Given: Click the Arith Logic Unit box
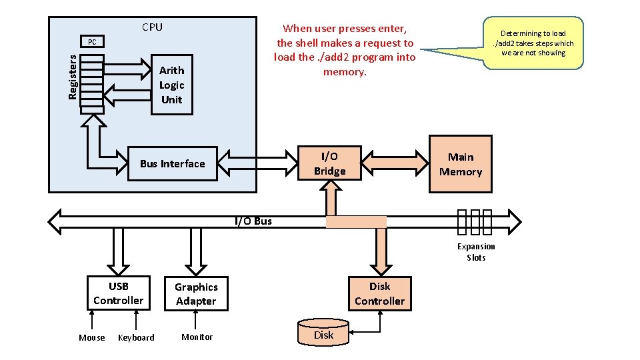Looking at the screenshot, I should pyautogui.click(x=172, y=85).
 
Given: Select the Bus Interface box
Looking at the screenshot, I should pyautogui.click(x=173, y=164).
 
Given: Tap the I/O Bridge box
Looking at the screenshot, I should pyautogui.click(x=329, y=164).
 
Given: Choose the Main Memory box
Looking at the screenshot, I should pyautogui.click(x=460, y=164).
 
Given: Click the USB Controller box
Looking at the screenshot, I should pyautogui.click(x=118, y=293).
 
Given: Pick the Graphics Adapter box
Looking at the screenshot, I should pyautogui.click(x=196, y=294).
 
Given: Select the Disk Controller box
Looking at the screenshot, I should pyautogui.click(x=379, y=293).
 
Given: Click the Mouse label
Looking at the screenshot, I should pyautogui.click(x=92, y=337).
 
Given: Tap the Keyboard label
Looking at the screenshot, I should pyautogui.click(x=136, y=338).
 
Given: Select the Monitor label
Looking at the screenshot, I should pyautogui.click(x=197, y=337).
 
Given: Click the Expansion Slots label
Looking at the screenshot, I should pyautogui.click(x=476, y=252).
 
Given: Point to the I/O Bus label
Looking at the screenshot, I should pyautogui.click(x=253, y=221).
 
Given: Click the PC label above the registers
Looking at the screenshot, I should pyautogui.click(x=92, y=43).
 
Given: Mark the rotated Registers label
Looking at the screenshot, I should pyautogui.click(x=73, y=77).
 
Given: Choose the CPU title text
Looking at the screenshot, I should pyautogui.click(x=152, y=27).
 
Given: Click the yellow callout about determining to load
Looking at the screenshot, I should pyautogui.click(x=533, y=43).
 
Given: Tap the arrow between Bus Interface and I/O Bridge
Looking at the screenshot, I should pyautogui.click(x=257, y=163).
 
